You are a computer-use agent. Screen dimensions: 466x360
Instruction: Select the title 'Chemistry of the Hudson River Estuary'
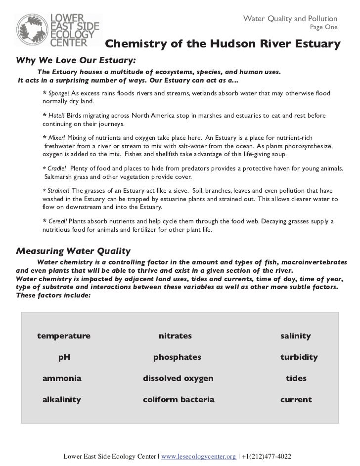coord(223,44)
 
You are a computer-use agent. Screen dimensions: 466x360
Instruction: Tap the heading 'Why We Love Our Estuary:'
coord(76,62)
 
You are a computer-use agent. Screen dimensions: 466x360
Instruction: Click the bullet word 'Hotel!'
coord(57,116)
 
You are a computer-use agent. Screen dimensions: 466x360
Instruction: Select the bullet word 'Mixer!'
coord(57,137)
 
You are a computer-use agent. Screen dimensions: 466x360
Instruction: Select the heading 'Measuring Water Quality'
coord(73,250)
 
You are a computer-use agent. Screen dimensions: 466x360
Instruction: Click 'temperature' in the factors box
coord(64,336)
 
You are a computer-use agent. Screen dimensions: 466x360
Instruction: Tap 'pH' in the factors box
coord(64,357)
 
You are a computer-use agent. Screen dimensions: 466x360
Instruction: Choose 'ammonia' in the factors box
coord(62,379)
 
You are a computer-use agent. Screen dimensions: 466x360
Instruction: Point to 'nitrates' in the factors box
coord(175,336)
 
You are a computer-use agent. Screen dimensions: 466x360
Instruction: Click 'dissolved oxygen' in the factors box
coord(178,379)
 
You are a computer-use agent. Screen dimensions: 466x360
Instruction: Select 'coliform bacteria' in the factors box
coord(179,400)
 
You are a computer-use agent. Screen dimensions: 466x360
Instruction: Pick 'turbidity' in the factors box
coord(299,357)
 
